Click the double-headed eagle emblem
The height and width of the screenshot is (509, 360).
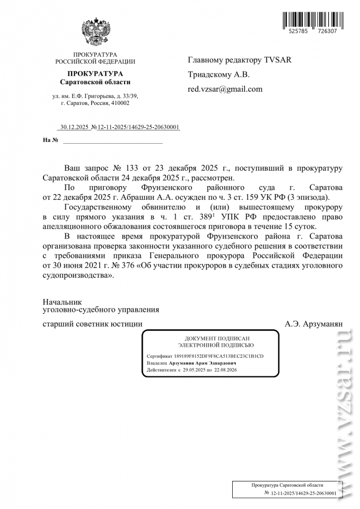tap(95, 32)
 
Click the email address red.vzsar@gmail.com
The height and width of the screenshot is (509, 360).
tap(225, 89)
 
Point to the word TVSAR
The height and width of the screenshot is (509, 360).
tap(278, 59)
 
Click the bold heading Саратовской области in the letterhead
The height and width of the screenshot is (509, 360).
tap(95, 82)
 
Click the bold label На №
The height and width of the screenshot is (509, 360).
tap(50, 140)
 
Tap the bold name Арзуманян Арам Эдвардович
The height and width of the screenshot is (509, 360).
tap(203, 363)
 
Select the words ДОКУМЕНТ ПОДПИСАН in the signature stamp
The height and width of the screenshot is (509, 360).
tap(209, 338)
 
